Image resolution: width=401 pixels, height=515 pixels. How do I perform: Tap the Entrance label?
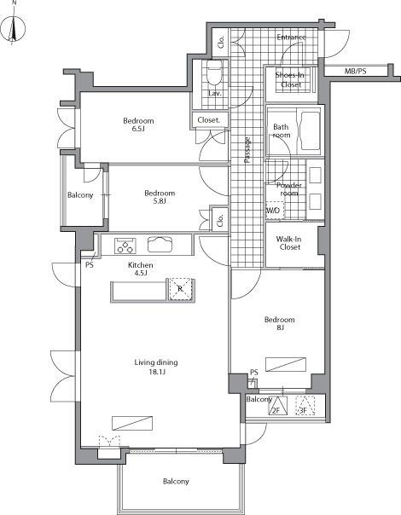(x=291, y=38)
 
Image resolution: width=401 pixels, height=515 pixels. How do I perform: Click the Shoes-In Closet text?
(x=290, y=80)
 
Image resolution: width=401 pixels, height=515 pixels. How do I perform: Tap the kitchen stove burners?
(x=125, y=246)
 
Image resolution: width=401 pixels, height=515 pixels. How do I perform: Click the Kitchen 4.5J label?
(x=140, y=270)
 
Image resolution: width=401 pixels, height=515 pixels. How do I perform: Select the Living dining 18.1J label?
(x=155, y=367)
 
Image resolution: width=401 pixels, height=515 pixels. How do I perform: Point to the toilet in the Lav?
(x=215, y=70)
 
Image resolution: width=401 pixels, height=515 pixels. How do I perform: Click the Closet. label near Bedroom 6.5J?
(x=209, y=120)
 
